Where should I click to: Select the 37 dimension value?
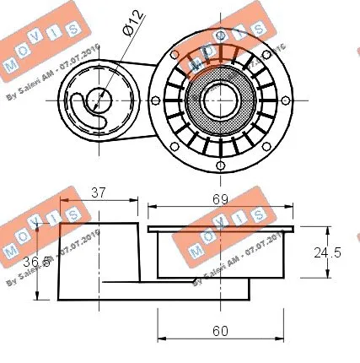pyautogui.click(x=99, y=192)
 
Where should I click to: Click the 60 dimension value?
pyautogui.click(x=220, y=331)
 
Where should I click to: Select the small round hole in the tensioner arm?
pyautogui.click(x=99, y=95)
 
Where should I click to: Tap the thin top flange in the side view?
pyautogui.click(x=221, y=228)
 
